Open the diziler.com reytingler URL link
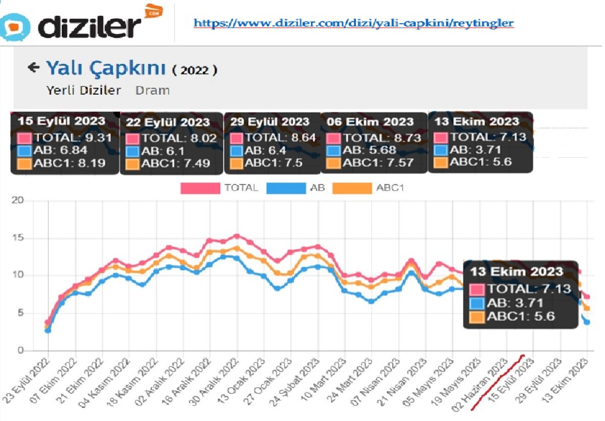tap(353, 23)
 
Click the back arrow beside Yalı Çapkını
tap(33, 68)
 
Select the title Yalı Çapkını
tap(106, 68)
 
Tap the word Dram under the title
tap(152, 90)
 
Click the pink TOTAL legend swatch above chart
tap(200, 188)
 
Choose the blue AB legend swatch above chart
tap(285, 188)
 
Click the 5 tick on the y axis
tap(20, 313)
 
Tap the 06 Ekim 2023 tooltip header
tap(370, 122)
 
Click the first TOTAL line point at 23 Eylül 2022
tap(48, 322)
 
